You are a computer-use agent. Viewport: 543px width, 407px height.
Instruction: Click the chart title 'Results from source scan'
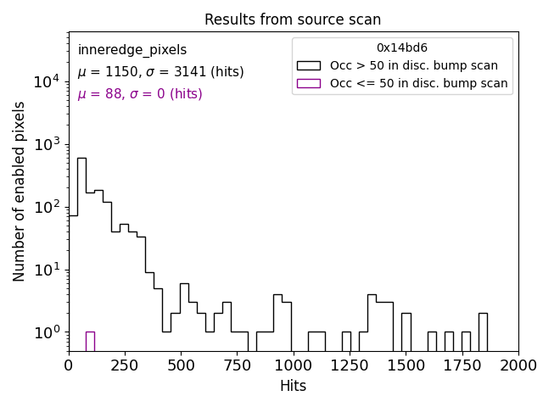[293, 20]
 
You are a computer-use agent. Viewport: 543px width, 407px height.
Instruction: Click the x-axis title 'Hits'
[293, 387]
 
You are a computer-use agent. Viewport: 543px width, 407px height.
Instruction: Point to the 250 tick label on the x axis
[125, 365]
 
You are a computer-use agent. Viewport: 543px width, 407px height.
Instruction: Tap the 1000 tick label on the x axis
[293, 365]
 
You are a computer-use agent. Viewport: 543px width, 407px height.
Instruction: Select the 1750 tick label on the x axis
[462, 365]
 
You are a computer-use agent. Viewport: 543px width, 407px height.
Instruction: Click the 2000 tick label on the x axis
[518, 365]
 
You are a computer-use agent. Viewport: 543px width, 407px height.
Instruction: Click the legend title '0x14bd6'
[402, 48]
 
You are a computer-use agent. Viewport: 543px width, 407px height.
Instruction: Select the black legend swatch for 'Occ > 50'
[308, 65]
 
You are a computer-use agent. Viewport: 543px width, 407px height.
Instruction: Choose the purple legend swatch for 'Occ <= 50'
[308, 83]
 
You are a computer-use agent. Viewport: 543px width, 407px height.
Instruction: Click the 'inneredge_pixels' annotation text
[132, 50]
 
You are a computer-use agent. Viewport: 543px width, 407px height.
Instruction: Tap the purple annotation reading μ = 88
[140, 94]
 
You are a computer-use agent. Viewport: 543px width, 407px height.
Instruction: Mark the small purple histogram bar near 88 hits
[90, 341]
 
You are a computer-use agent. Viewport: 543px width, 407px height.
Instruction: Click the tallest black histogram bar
[81, 254]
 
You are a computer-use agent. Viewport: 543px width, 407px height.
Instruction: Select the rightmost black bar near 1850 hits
[483, 331]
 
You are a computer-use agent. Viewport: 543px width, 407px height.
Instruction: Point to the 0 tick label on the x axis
[69, 365]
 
